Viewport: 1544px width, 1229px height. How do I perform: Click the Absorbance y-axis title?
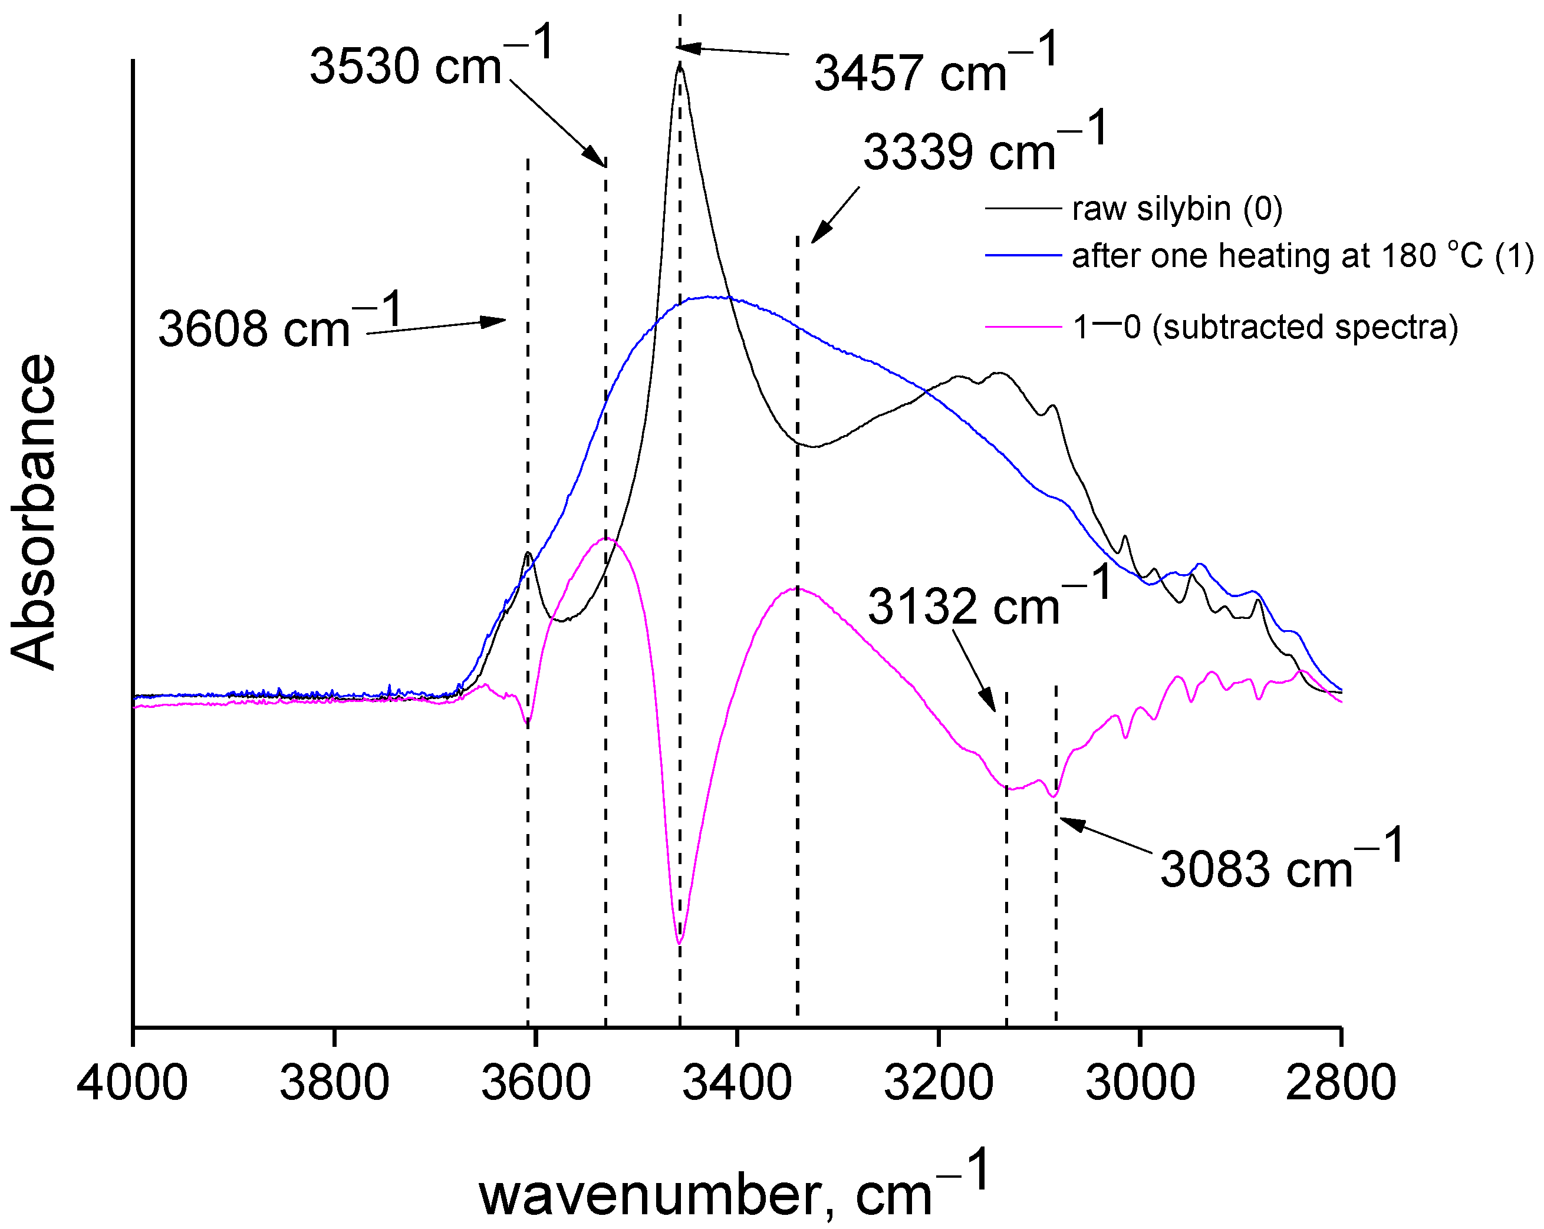(34, 512)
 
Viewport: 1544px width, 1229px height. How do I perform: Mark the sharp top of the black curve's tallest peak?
(680, 66)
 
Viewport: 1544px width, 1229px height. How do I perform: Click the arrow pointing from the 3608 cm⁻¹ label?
(437, 327)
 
